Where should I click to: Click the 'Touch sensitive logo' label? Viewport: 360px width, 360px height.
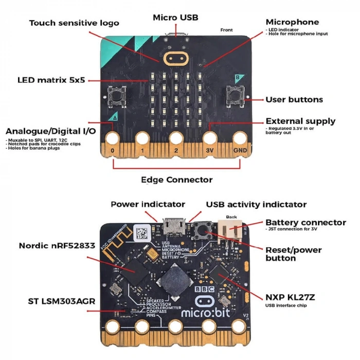(74, 23)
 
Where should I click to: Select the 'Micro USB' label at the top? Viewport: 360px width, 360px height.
(175, 17)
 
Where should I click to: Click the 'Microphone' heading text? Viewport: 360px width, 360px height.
(292, 22)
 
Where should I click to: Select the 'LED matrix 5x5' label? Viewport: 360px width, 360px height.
(51, 80)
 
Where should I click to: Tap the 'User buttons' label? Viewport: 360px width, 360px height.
(294, 99)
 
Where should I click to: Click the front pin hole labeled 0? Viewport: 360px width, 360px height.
(112, 139)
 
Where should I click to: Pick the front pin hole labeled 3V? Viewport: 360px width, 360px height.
(210, 139)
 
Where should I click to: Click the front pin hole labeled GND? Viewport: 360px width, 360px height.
(240, 139)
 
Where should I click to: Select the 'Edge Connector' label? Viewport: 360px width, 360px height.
(176, 180)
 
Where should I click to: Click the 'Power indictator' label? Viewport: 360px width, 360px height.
(148, 204)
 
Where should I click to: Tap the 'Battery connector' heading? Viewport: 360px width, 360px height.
(305, 222)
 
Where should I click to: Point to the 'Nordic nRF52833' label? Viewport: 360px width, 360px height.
(57, 245)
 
